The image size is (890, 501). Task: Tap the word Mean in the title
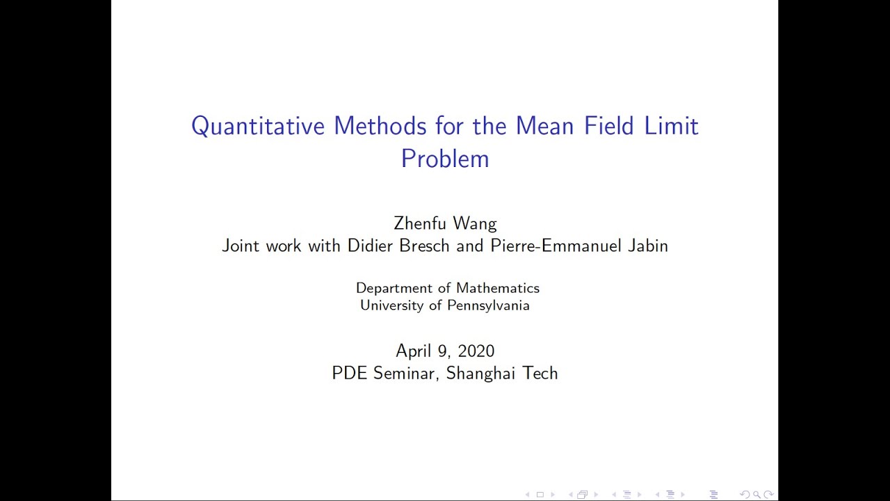click(x=545, y=127)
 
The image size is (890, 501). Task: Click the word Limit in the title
click(x=673, y=127)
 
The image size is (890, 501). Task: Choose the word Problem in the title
click(x=445, y=159)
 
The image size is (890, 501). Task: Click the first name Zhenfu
click(x=421, y=223)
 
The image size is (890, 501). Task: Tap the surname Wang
click(x=475, y=224)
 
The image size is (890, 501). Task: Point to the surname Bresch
click(x=425, y=246)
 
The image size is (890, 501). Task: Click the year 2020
click(x=476, y=351)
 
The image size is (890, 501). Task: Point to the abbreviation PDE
click(x=350, y=373)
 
